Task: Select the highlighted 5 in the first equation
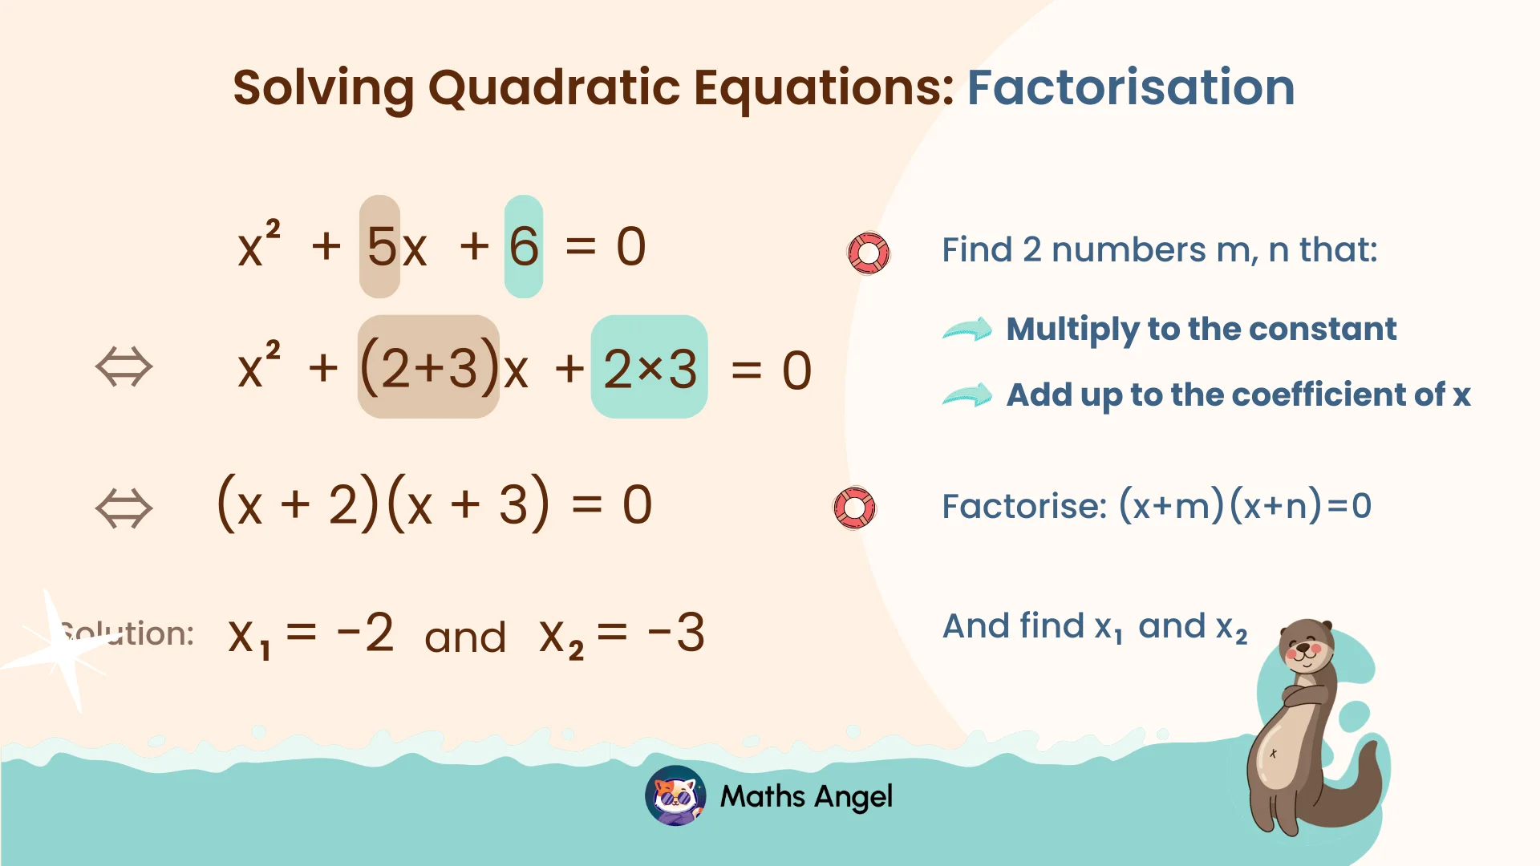(381, 246)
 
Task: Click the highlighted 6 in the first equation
(524, 246)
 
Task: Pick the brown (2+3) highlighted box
(429, 367)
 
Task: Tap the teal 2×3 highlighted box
(650, 367)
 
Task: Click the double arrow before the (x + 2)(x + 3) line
(124, 508)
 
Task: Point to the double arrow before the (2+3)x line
(124, 367)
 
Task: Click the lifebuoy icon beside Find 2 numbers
(869, 253)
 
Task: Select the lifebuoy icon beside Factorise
(855, 508)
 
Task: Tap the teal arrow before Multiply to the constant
(967, 329)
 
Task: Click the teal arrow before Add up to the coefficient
(967, 395)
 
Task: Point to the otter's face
(1304, 645)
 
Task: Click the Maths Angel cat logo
(675, 795)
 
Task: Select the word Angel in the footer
(855, 796)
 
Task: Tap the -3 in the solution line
(676, 633)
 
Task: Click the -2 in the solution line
(366, 633)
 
